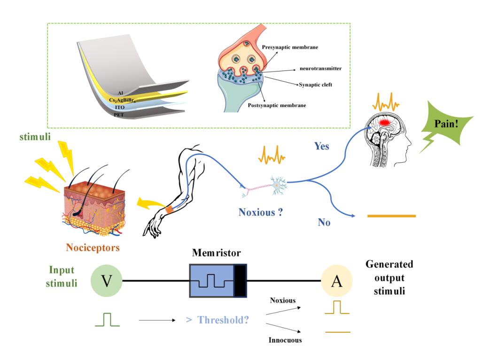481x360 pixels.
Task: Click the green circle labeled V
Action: coord(107,282)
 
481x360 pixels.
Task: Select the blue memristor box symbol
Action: coord(217,281)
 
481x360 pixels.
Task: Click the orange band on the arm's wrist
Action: coord(169,210)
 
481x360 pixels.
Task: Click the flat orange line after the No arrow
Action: coord(391,216)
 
